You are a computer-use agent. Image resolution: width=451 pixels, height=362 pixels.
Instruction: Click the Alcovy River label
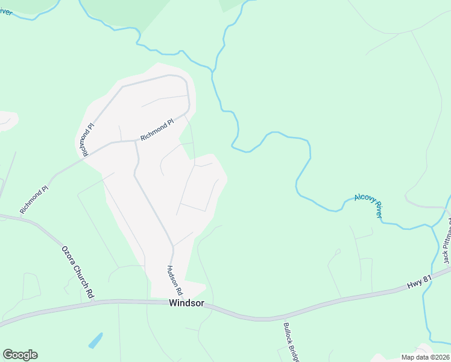(x=369, y=206)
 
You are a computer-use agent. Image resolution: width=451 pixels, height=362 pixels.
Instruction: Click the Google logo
(x=20, y=355)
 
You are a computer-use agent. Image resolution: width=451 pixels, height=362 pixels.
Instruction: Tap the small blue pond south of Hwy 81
(x=96, y=340)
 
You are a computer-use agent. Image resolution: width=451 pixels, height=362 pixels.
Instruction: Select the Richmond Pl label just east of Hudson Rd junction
(x=157, y=130)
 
